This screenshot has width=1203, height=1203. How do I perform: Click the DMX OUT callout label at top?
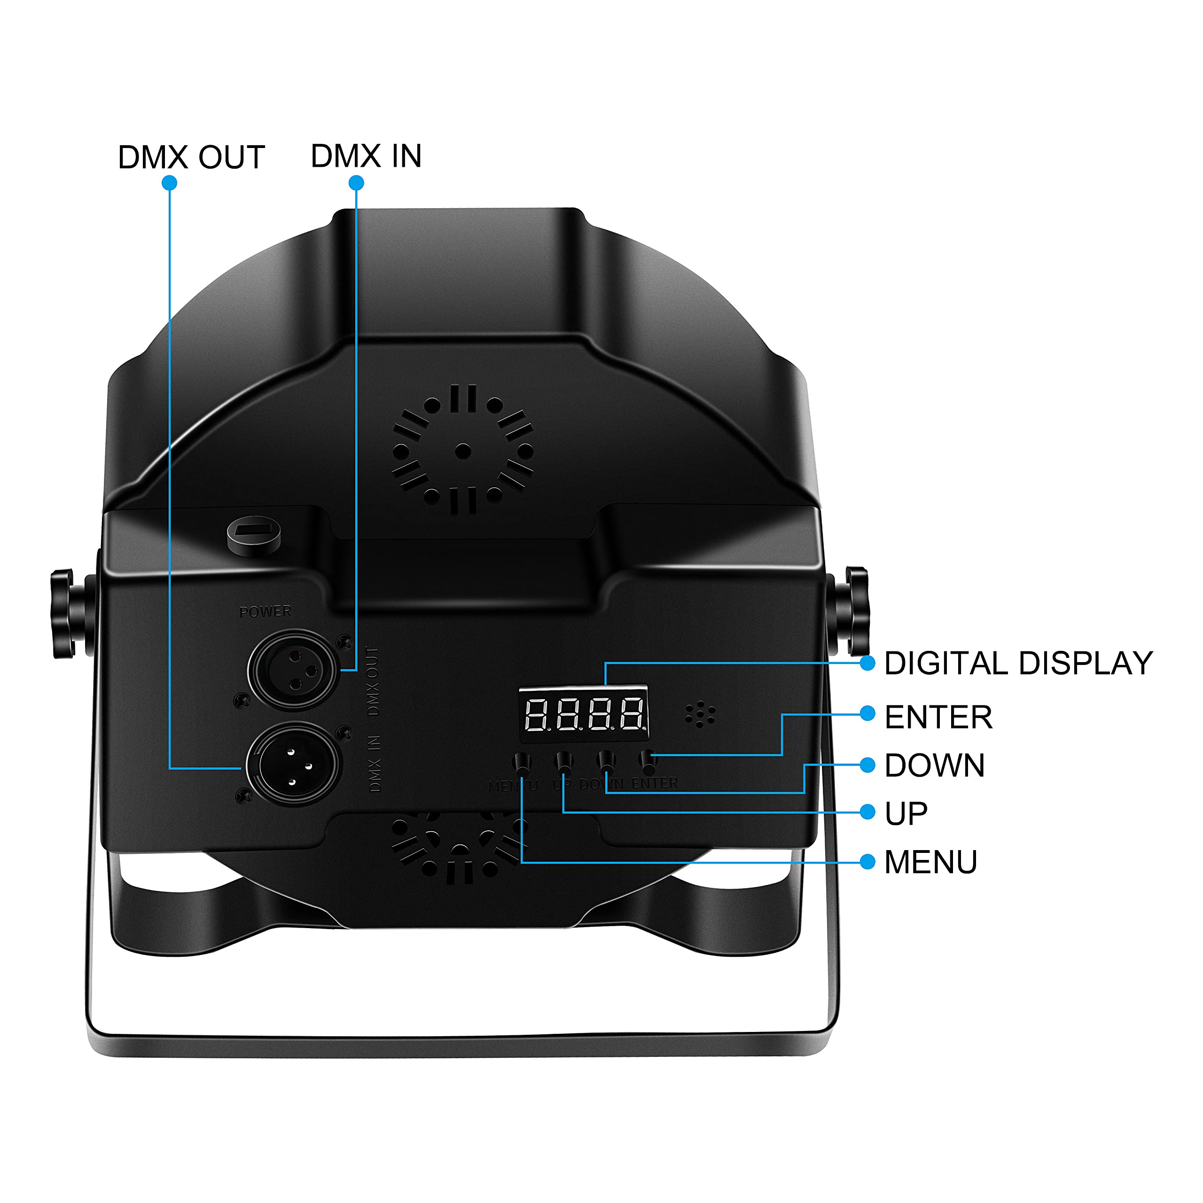click(191, 157)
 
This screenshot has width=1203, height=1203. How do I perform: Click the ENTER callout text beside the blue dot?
click(938, 717)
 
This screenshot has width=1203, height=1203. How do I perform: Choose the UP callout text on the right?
click(906, 814)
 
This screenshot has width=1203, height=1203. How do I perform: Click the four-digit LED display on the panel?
click(584, 714)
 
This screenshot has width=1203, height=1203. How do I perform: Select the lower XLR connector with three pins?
click(293, 764)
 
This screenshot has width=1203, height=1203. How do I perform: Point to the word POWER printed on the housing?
click(265, 612)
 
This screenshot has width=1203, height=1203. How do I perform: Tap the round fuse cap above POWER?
click(253, 534)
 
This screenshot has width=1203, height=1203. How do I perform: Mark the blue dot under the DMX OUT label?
click(169, 183)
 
